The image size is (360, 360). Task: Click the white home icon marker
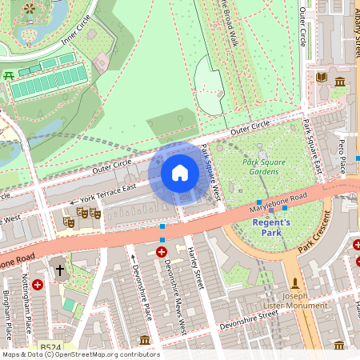coord(180,173)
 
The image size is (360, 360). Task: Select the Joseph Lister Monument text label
coord(294,300)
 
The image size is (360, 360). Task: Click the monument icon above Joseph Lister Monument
coord(295,283)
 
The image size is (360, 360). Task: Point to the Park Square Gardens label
coord(262,166)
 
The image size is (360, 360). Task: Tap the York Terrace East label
coord(103,193)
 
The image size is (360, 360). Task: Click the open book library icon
coord(322,77)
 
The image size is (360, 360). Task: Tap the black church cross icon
coord(59,271)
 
